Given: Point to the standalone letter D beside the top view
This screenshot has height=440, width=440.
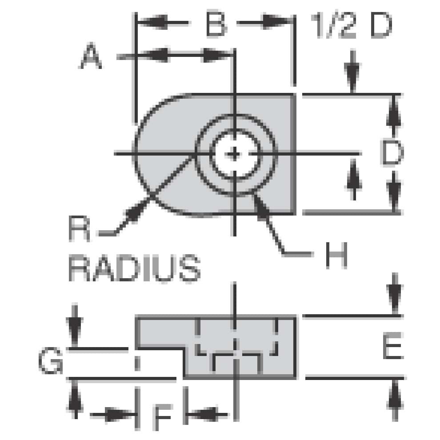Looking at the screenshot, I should (x=392, y=153).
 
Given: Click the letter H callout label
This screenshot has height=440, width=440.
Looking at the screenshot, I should (x=336, y=255).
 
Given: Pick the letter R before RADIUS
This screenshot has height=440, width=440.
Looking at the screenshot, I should (x=80, y=229).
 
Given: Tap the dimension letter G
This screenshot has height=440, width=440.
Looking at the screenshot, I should (x=50, y=362).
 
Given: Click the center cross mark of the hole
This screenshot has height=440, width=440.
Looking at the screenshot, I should (x=235, y=154).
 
